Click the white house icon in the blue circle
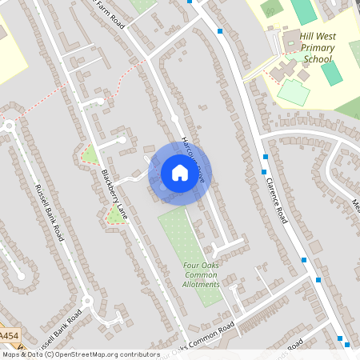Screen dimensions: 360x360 (x=180, y=172)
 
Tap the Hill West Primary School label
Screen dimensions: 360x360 (x=317, y=47)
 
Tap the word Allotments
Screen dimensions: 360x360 (x=200, y=284)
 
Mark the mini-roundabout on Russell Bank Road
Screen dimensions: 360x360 (x=87, y=302)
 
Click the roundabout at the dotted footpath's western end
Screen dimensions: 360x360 (x=9, y=126)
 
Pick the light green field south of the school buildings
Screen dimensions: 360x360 (x=293, y=92)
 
